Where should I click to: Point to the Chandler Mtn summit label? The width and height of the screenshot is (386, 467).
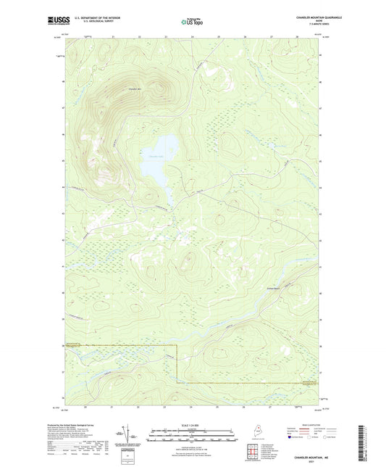click(134, 89)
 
